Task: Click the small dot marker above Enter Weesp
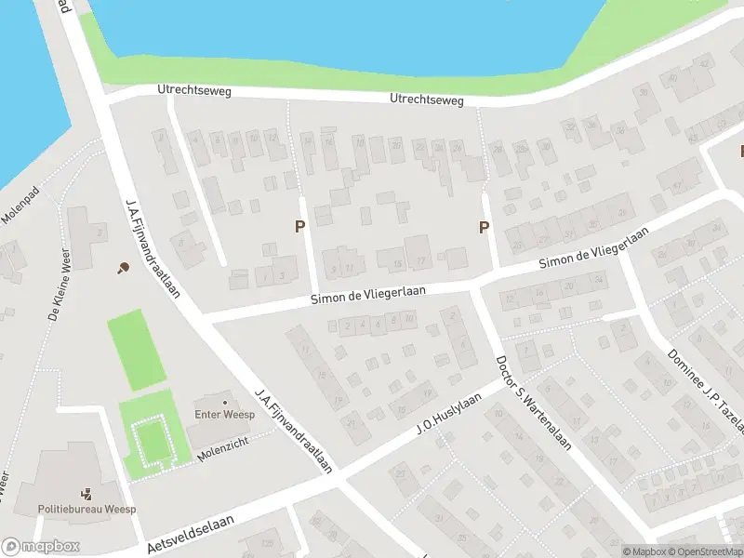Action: click(x=224, y=403)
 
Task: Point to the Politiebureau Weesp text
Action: click(x=86, y=510)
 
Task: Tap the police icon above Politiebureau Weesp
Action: click(x=86, y=494)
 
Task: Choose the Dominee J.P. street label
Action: click(x=704, y=387)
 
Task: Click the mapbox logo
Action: click(x=40, y=547)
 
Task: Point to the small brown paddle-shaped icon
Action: click(x=123, y=268)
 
